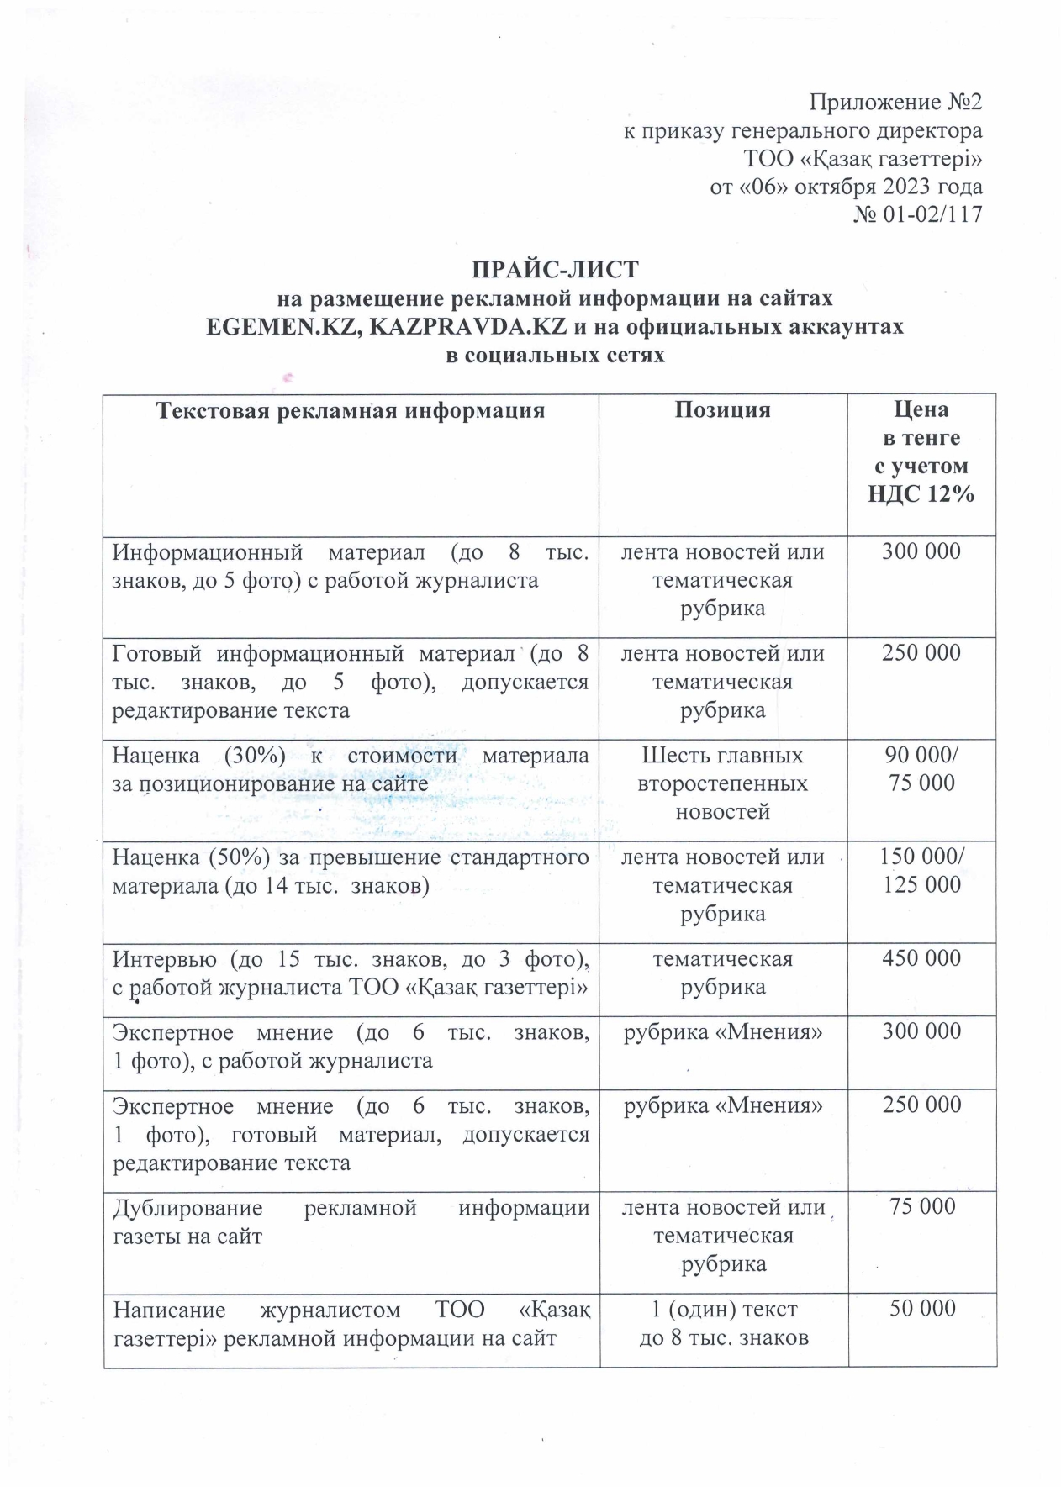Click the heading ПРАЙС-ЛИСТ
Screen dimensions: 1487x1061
554,270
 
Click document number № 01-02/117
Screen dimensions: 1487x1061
917,214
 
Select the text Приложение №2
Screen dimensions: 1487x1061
895,103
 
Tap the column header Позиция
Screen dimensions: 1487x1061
722,410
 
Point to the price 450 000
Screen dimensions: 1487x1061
921,958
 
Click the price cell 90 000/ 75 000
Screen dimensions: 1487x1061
921,769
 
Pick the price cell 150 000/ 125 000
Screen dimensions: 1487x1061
921,871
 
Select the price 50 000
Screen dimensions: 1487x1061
922,1308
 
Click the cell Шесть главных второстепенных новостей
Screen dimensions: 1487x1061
722,783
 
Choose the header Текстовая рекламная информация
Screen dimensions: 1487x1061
351,410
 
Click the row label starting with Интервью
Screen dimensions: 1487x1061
351,973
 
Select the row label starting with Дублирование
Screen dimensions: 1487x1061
351,1222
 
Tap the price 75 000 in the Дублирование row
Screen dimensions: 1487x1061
922,1206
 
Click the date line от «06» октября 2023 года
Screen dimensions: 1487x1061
846,187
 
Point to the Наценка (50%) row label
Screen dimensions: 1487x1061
351,872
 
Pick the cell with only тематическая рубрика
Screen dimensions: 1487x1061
722,973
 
